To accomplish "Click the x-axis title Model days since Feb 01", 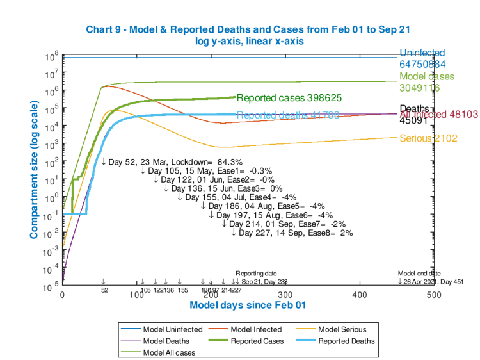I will tap(248, 305).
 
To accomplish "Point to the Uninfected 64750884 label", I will tap(423, 59).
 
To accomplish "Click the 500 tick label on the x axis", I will tap(433, 294).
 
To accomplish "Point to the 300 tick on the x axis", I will tap(285, 294).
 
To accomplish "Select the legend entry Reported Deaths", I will tap(346, 341).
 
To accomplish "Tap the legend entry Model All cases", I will tap(169, 352).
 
